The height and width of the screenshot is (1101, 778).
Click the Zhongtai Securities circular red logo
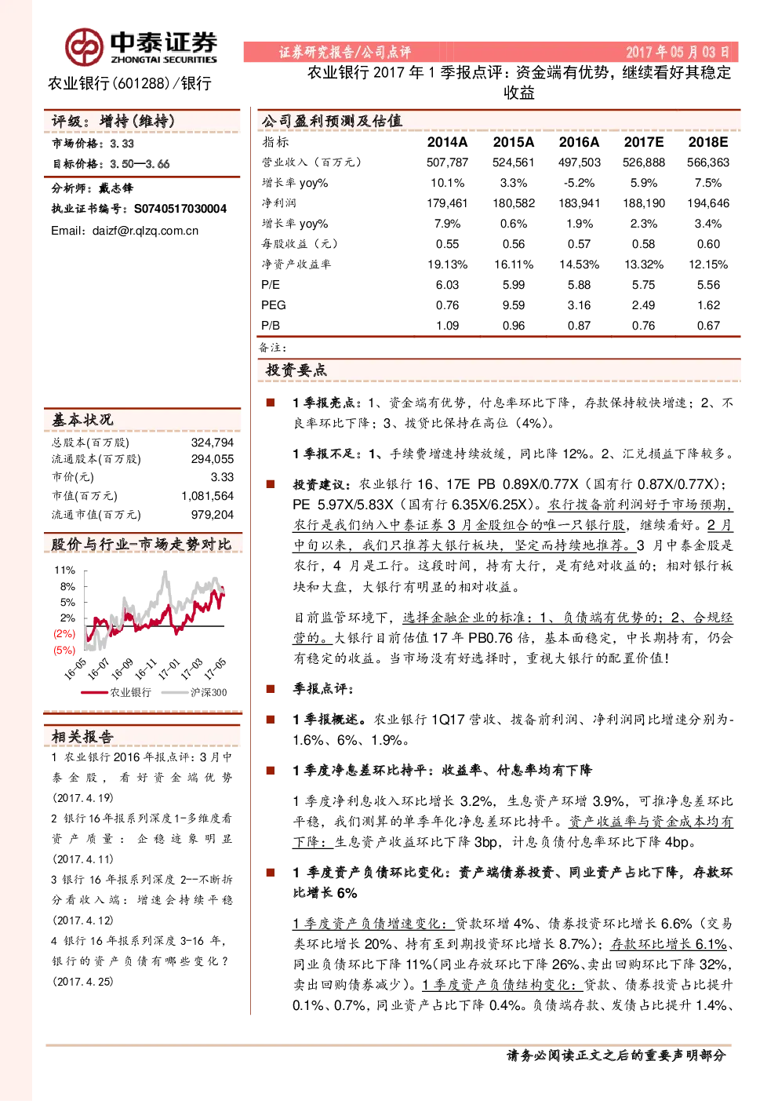84,47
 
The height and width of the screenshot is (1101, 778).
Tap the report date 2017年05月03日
678,52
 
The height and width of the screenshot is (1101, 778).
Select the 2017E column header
643,142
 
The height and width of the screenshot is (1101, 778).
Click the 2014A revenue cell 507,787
447,162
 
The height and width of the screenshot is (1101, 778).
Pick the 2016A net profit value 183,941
579,203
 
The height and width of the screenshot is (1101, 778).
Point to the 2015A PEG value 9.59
513,305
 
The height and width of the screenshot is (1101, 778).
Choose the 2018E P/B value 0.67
708,326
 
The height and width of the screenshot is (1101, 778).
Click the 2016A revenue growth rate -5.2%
579,183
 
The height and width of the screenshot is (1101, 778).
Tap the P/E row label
271,285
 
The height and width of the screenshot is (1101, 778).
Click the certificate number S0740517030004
180,209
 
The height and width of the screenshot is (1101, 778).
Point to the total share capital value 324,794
213,443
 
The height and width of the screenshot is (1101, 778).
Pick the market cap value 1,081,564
207,496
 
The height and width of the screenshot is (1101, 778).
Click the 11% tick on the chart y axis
65,571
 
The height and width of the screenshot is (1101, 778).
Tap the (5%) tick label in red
64,650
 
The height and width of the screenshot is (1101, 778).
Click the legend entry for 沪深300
194,693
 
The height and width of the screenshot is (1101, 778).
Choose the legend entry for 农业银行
116,693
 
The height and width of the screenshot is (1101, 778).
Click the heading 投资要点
296,370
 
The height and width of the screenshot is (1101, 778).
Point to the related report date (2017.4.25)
83,982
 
